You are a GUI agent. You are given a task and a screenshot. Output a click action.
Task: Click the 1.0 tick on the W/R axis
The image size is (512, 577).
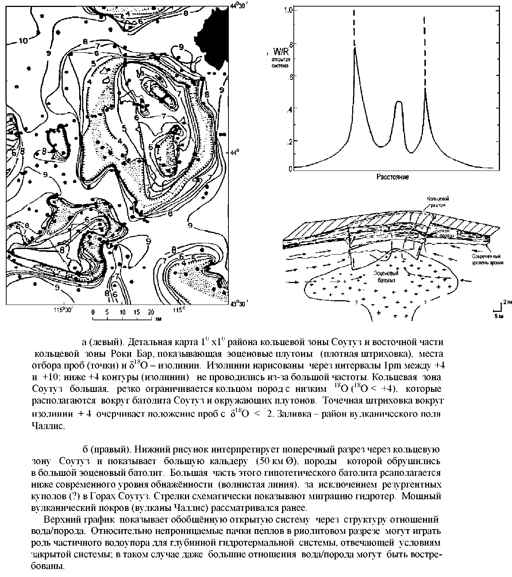tap(288, 11)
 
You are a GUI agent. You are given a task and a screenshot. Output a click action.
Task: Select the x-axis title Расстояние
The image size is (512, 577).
tap(392, 177)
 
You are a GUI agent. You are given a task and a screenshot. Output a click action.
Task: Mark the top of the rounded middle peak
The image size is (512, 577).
tap(399, 102)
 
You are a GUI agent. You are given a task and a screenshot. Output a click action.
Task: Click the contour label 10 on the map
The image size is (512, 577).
tap(23, 41)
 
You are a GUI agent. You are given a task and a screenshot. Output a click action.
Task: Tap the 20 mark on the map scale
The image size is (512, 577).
tap(150, 312)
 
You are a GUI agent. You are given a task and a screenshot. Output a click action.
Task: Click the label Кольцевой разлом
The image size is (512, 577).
tap(439, 202)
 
